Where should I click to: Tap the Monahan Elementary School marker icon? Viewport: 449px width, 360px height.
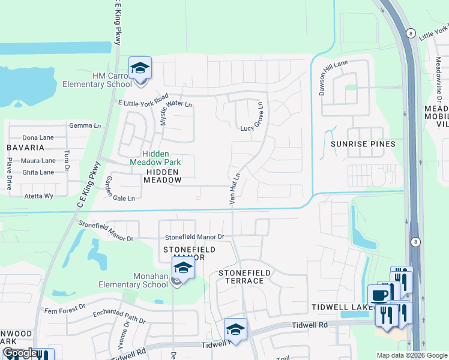tap(184, 268)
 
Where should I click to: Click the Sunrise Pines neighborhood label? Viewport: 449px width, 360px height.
tap(363, 144)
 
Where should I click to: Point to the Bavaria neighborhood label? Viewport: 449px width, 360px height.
tap(26, 147)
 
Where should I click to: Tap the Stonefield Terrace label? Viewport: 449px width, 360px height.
tap(241, 277)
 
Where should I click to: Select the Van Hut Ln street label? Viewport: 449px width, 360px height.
tap(235, 189)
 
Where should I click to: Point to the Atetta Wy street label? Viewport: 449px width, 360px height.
tap(38, 196)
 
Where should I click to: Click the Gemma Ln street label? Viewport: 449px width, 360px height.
tap(85, 126)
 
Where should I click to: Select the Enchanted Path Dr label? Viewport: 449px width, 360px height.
tap(119, 317)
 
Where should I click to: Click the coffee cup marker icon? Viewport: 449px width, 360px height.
tap(379, 295)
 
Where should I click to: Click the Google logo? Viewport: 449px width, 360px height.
tap(20, 353)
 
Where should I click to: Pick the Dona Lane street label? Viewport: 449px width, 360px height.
tap(38, 137)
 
